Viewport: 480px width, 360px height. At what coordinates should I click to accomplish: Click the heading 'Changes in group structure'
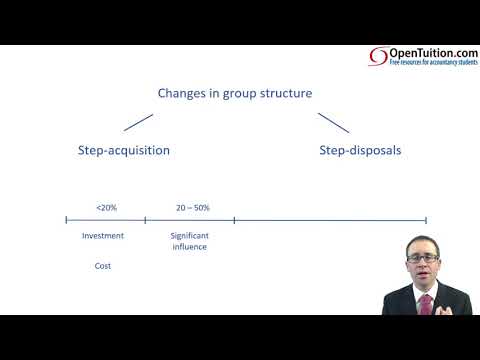[235, 93]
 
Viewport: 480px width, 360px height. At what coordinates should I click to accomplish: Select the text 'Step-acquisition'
[123, 150]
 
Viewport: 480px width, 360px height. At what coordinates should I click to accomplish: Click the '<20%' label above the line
[106, 207]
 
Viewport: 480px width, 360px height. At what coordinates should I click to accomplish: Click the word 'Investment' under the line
[103, 236]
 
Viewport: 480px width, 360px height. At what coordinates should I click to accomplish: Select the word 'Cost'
[103, 266]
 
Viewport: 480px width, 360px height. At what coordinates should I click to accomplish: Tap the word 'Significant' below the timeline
[189, 236]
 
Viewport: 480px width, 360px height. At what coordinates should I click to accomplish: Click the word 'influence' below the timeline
[189, 247]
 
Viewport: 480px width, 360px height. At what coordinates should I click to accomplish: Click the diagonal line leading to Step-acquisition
[138, 122]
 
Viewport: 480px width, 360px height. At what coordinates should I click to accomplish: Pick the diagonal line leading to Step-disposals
[333, 122]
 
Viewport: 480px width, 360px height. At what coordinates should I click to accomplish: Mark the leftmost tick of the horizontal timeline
[66, 220]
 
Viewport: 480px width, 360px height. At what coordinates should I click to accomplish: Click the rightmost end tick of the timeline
[426, 220]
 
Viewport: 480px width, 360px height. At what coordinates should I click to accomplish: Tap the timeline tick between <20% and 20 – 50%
[145, 220]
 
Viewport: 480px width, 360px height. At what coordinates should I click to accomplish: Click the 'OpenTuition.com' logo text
[429, 52]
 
